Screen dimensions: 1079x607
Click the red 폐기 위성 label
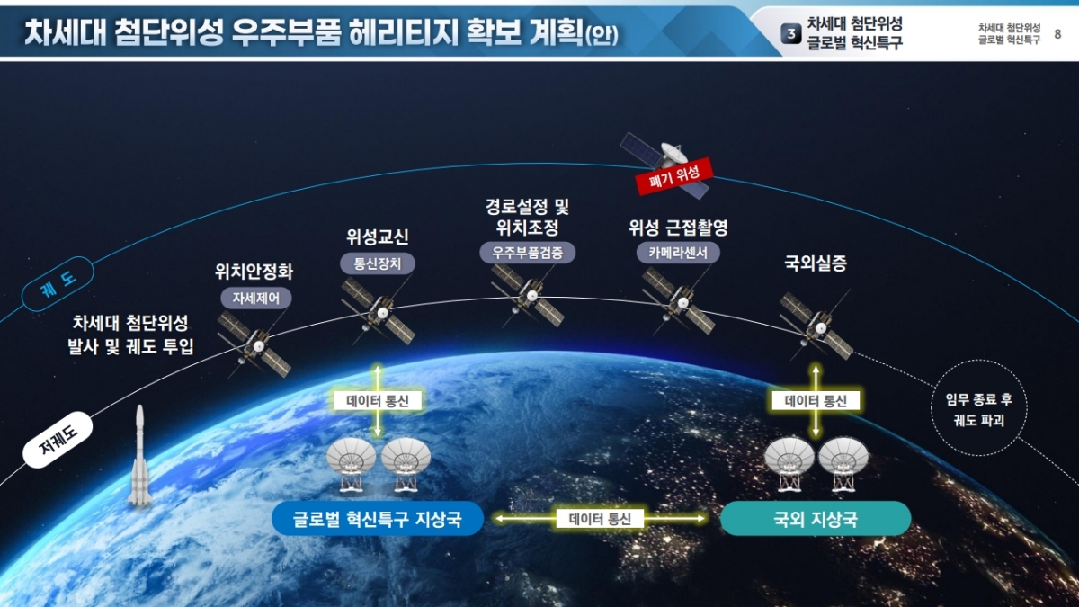(673, 176)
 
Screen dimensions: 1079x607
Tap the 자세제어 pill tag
(256, 299)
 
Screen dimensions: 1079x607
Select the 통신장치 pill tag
(378, 263)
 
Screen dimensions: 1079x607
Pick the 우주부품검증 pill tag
(528, 253)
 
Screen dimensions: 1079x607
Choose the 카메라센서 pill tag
(678, 253)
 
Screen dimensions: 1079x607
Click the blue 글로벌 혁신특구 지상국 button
(378, 519)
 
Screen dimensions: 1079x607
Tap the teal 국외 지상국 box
(816, 519)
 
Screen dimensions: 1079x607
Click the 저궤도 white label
(58, 440)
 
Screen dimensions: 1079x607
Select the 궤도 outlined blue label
(58, 284)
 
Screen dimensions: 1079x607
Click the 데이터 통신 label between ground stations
(600, 519)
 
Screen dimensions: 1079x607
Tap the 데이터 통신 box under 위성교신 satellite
(378, 401)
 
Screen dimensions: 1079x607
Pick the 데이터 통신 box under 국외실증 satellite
(816, 401)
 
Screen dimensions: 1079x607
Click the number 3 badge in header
(791, 34)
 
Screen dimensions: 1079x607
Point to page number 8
(1057, 34)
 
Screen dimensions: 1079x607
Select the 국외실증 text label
(816, 263)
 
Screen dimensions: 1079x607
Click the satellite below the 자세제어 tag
(254, 344)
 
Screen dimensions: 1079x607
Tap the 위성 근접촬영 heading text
(678, 228)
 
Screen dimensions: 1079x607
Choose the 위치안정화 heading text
(254, 272)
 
